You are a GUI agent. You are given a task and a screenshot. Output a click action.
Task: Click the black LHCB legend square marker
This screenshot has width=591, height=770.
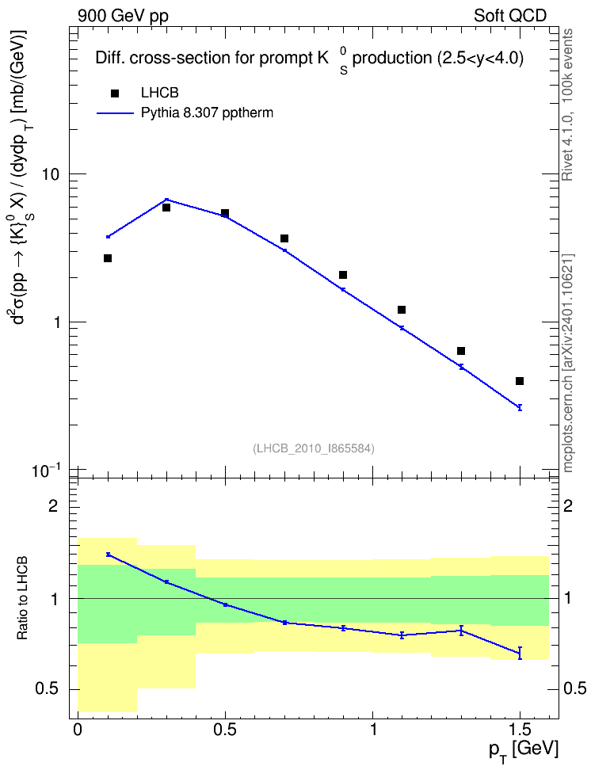pos(115,93)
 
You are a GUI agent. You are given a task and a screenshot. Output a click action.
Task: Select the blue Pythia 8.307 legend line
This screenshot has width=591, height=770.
pos(115,113)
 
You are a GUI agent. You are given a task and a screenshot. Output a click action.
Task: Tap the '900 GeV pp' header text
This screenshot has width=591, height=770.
pos(123,16)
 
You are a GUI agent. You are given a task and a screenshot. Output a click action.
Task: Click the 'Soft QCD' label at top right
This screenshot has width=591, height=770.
pos(510,16)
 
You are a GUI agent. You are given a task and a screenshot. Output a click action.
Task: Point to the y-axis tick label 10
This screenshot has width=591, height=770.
pos(51,174)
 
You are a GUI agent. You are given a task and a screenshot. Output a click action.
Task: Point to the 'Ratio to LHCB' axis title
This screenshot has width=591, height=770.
pos(22,598)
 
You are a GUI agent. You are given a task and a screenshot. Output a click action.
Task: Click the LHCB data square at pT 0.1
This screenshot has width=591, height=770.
pos(108,258)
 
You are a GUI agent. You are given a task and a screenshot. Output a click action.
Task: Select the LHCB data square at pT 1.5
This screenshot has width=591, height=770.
pos(520,381)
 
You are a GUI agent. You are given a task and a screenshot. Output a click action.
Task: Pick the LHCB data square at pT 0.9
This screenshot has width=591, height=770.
pos(343,275)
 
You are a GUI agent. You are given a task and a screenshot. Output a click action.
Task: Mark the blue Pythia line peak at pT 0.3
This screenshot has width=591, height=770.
pos(166,200)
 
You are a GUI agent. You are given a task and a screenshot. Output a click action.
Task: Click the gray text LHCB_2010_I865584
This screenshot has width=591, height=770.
pos(314,448)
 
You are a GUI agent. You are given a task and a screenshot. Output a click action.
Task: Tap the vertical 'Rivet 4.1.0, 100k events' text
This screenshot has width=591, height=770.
pos(567,105)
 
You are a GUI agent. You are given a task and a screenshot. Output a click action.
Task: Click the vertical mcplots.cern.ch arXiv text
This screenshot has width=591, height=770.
pos(567,363)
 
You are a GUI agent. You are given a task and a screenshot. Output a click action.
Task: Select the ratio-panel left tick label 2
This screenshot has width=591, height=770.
pos(53,505)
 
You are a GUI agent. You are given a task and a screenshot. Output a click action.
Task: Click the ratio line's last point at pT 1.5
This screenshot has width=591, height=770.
pos(520,653)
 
